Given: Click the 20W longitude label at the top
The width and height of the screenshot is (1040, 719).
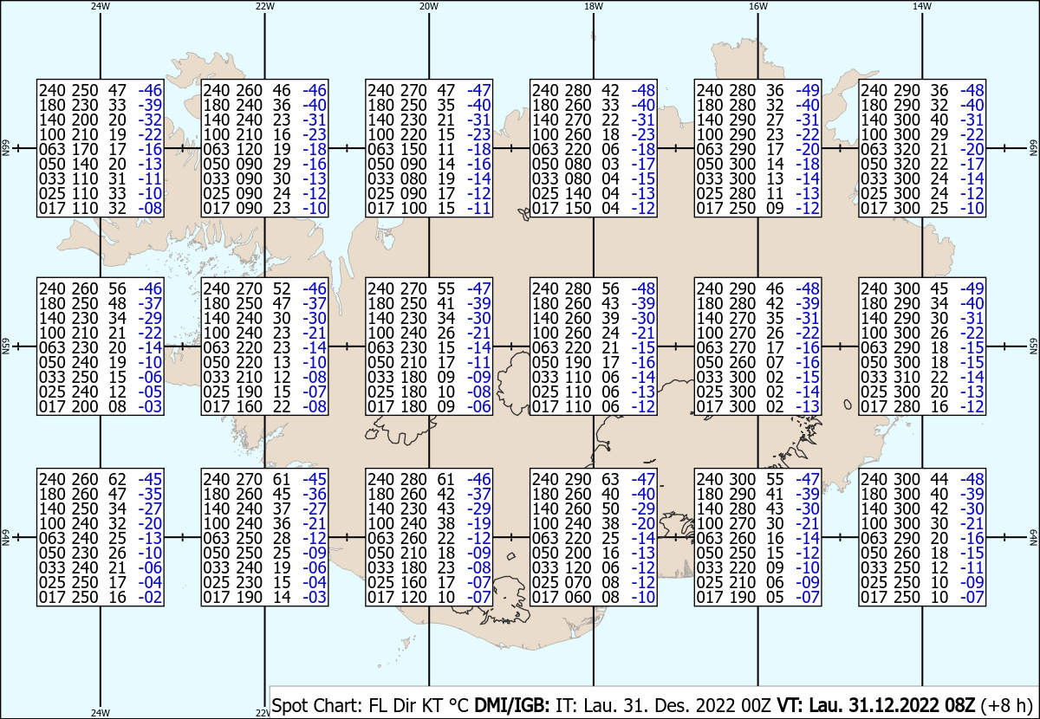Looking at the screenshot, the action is pos(429,7).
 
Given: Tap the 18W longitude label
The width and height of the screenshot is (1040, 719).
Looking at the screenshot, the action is pos(594,7).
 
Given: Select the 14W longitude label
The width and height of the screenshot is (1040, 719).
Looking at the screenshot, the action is pos(922,7).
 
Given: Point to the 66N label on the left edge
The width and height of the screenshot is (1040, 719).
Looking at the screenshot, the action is pos(5,148).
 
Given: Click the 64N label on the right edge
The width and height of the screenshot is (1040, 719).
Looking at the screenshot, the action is pos(1034,537).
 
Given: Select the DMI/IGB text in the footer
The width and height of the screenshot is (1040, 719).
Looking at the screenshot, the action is pos(511,705).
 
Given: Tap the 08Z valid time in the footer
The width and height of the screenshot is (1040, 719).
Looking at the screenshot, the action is pos(959,705).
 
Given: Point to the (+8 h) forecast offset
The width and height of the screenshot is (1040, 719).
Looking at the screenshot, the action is pos(1006,705).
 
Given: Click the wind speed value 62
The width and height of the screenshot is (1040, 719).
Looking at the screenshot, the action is pos(118,479).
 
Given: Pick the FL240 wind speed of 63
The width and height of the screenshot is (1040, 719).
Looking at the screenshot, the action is pos(610,479).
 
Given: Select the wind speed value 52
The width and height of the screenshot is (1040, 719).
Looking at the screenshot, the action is pos(282,288).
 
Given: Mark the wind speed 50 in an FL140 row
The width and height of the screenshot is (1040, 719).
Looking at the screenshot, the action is pos(610,508).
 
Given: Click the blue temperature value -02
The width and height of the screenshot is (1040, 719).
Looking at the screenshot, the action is pos(151,598).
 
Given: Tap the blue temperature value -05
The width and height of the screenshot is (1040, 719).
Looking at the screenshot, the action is pos(151,392).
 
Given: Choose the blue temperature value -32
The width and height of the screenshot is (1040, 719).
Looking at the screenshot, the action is pos(151,120).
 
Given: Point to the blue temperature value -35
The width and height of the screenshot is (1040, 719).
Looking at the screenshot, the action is pos(151,494).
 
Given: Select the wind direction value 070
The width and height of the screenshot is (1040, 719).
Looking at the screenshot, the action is pos(578,582).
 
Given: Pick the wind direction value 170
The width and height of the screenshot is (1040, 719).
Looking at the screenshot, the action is pos(85,150).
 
